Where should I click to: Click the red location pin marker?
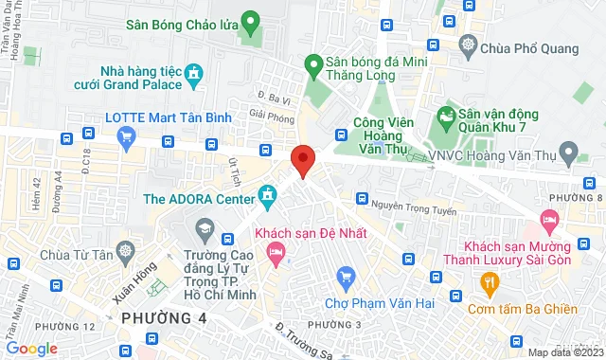tap(302, 160)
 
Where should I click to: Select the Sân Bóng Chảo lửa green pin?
tap(250, 21)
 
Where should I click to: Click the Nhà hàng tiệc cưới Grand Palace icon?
tap(195, 72)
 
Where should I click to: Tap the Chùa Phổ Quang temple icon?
tap(468, 44)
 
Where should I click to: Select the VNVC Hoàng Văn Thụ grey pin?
tap(568, 151)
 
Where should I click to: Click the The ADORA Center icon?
tap(269, 198)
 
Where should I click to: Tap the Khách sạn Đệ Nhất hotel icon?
tap(276, 251)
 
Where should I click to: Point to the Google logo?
tap(32, 348)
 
